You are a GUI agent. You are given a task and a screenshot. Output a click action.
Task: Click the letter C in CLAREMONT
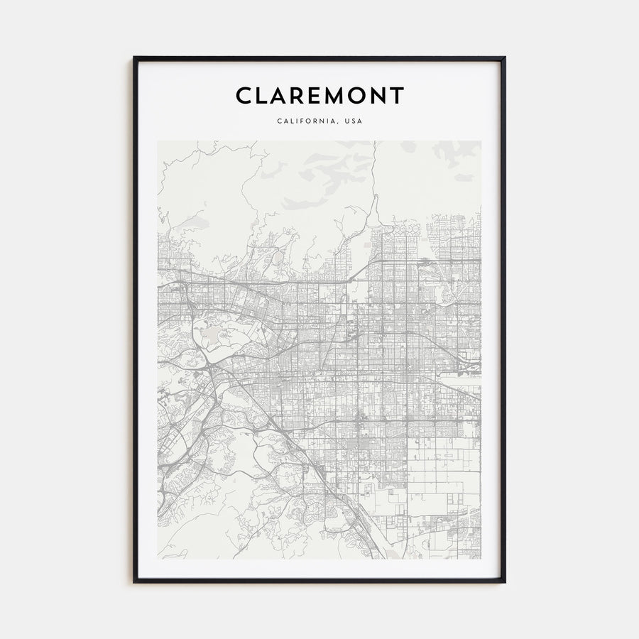click(244, 95)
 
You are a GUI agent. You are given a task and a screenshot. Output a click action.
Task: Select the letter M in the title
click(338, 95)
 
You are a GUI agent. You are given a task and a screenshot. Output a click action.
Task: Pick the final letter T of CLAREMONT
click(398, 95)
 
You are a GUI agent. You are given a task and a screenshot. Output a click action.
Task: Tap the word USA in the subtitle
click(353, 121)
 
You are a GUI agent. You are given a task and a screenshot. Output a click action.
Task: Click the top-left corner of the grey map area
click(158, 141)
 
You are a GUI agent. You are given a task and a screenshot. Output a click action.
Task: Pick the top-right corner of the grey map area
click(481, 141)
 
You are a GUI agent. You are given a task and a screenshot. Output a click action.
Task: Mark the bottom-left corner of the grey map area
click(158, 559)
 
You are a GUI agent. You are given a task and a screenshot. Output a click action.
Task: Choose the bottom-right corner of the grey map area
click(481, 559)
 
